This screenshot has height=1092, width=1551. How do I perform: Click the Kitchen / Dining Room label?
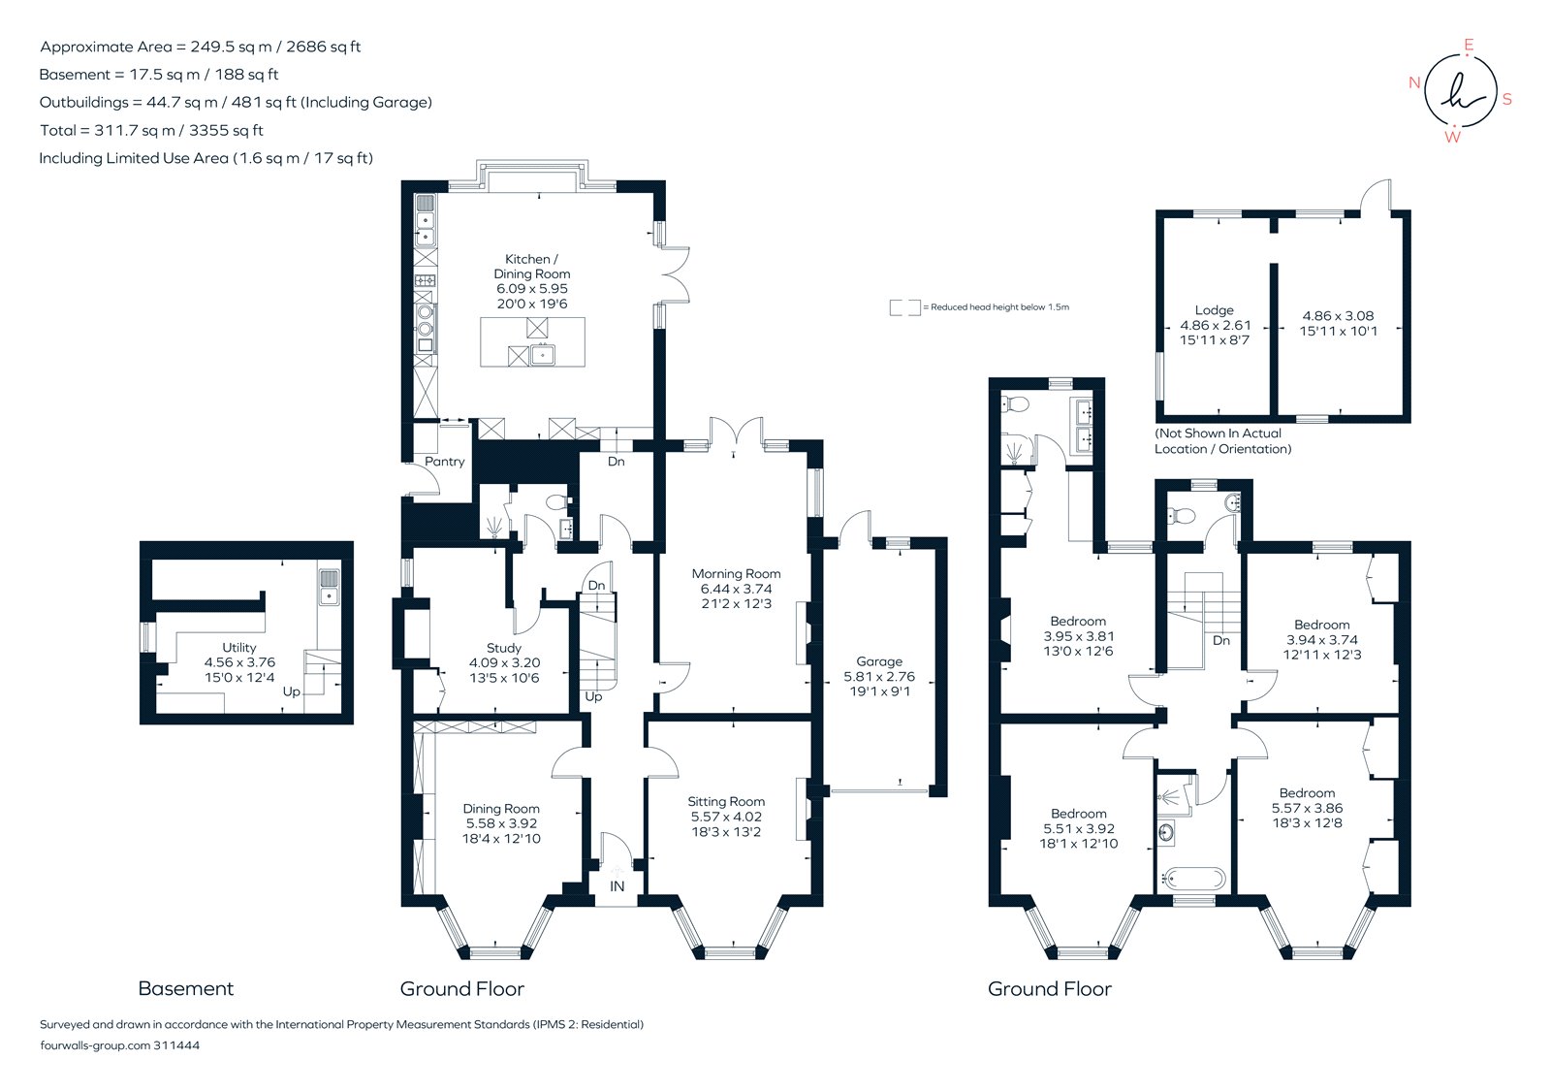tap(531, 267)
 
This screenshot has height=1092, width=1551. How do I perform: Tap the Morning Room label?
tap(736, 574)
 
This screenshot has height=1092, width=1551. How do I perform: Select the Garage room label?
tap(879, 661)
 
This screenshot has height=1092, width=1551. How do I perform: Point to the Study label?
tap(504, 648)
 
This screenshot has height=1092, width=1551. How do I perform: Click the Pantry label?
tap(445, 462)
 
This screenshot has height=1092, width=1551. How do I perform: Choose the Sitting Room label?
tap(726, 802)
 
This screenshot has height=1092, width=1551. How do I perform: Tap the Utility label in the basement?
tap(239, 648)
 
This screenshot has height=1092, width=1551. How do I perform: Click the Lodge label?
tap(1214, 310)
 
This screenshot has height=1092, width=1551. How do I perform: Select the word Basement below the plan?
tap(186, 989)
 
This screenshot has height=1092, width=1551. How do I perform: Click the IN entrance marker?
tap(617, 886)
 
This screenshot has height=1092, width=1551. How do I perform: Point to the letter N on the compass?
tap(1414, 82)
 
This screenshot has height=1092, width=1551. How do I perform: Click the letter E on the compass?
tap(1469, 46)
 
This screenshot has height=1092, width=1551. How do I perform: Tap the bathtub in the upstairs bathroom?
tap(1193, 880)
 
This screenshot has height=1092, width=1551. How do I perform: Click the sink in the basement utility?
tap(329, 587)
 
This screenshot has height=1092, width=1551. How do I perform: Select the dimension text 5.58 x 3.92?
tap(501, 823)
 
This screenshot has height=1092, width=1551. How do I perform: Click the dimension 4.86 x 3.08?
tap(1338, 316)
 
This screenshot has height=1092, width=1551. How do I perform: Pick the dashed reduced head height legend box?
tap(904, 307)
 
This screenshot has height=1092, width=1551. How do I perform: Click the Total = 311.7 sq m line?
tap(151, 130)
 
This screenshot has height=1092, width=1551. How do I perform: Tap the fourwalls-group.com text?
tap(95, 1045)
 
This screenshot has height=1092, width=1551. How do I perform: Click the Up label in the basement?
tap(291, 692)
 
